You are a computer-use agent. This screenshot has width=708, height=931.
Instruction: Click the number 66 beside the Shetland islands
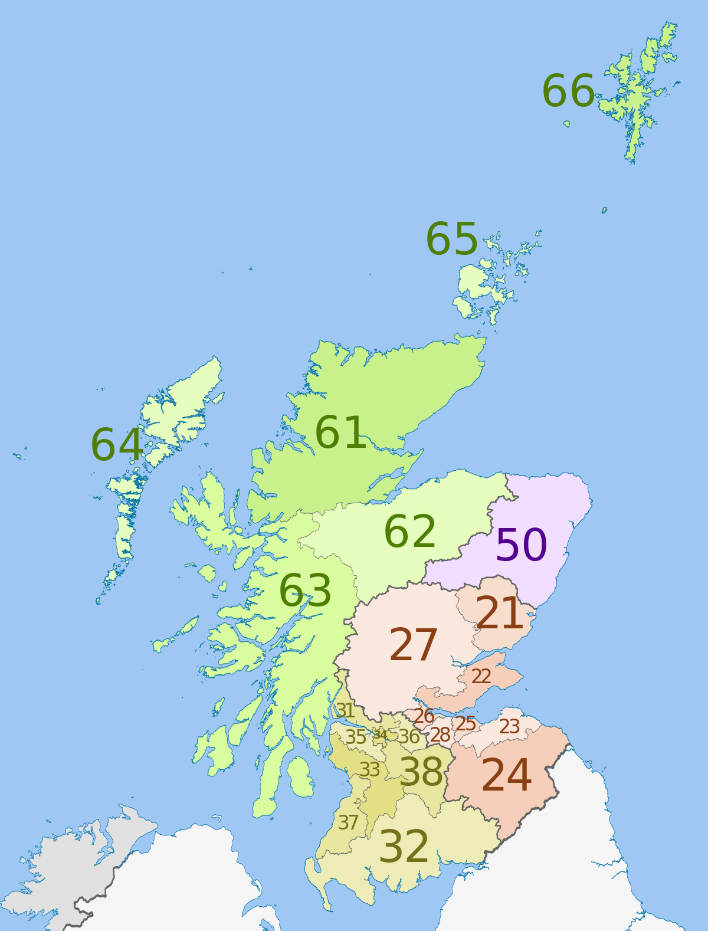pos(568,91)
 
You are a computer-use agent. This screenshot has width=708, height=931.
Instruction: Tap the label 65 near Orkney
pos(451,239)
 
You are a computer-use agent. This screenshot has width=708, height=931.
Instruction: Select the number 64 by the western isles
pos(117,445)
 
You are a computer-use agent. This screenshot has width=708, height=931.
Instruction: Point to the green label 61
pos(340,433)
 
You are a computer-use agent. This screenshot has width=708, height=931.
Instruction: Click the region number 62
pos(409,532)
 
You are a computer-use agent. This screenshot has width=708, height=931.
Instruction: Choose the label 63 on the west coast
pos(305,591)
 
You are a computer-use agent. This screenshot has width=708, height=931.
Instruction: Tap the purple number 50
pos(521,545)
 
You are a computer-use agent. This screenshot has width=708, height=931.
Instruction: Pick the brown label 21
pos(499,614)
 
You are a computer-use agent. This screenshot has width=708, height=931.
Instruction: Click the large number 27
pos(413,645)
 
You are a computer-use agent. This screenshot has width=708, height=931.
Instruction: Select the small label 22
pos(481,676)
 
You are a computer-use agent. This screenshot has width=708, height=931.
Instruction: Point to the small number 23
pos(509,726)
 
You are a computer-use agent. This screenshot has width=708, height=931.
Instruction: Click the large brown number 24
pos(506,775)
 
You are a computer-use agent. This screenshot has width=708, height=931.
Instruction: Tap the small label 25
pos(465,723)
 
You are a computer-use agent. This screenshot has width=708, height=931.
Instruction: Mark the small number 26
pos(424,716)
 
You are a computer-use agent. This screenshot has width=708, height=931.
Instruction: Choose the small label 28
pos(440,735)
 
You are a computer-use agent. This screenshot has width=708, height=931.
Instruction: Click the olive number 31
pos(345,710)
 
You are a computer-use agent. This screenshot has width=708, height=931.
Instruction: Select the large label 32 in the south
pos(404,847)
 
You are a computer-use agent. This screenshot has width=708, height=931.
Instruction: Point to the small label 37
pos(348,822)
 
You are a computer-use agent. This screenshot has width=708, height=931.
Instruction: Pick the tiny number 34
pos(380,735)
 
